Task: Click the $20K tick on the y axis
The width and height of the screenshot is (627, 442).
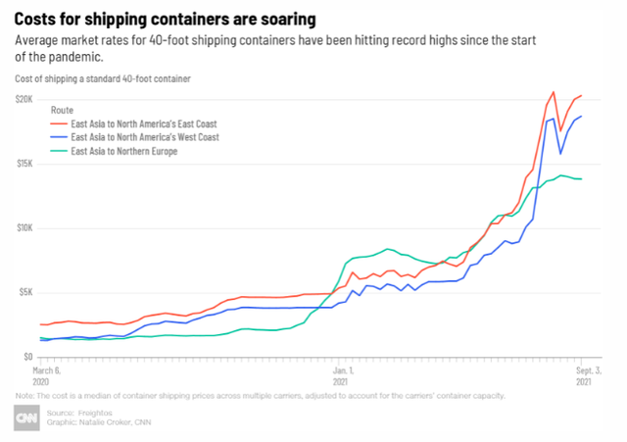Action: coord(24,100)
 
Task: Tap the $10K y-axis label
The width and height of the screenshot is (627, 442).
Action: coord(24,228)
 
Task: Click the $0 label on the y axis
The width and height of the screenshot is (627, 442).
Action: coord(29,357)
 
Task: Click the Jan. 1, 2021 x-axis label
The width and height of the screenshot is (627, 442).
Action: coord(342,375)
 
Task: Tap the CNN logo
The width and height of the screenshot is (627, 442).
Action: coord(28,418)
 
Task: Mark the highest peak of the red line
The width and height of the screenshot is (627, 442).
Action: coord(554,92)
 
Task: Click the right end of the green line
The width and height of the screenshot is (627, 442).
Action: coord(582,178)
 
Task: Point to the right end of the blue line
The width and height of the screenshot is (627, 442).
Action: coord(582,117)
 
